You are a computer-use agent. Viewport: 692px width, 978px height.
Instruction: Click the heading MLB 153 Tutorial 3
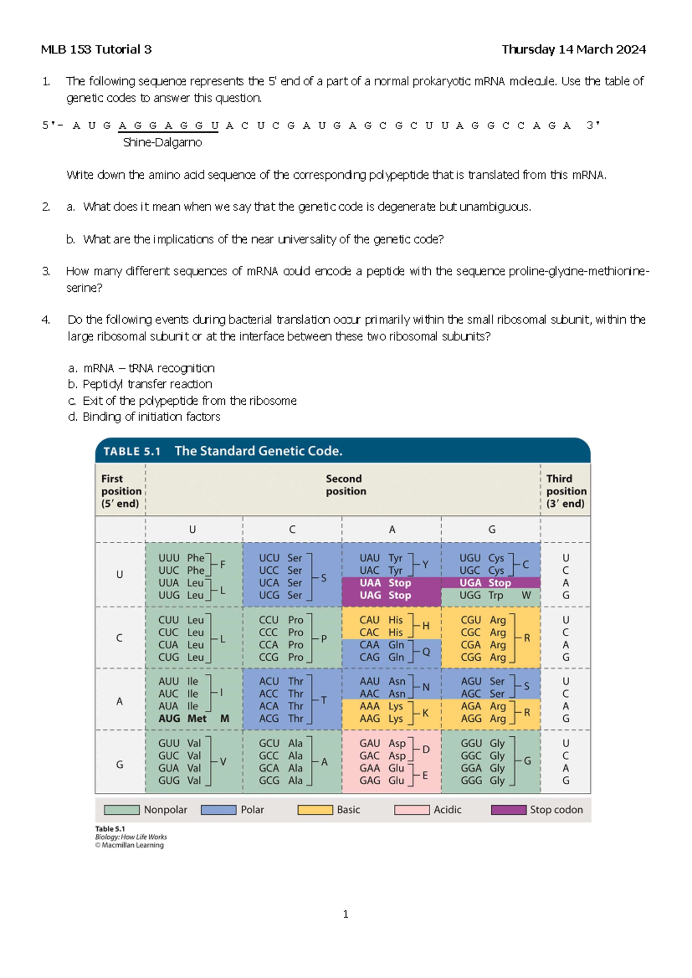tap(96, 50)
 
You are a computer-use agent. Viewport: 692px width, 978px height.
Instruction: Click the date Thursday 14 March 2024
tap(573, 50)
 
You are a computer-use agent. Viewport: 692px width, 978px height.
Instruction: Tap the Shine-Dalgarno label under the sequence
tap(162, 142)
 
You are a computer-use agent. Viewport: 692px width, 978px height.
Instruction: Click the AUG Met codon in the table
tap(183, 719)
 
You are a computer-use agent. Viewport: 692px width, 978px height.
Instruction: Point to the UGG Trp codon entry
tap(481, 595)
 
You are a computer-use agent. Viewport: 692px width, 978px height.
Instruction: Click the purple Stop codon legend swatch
tap(508, 810)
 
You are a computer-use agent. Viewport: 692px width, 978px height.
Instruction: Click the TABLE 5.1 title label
tap(132, 452)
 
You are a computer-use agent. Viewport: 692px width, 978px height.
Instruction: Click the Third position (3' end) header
tap(566, 491)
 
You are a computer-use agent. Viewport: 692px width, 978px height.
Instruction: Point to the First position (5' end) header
tap(121, 491)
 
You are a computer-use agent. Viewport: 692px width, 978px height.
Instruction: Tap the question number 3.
tap(46, 271)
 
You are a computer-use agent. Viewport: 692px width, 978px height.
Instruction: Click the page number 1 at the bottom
tap(345, 914)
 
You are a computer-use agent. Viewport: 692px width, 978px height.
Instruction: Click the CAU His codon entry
tap(381, 620)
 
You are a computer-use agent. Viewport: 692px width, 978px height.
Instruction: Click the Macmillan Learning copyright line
tap(130, 845)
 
